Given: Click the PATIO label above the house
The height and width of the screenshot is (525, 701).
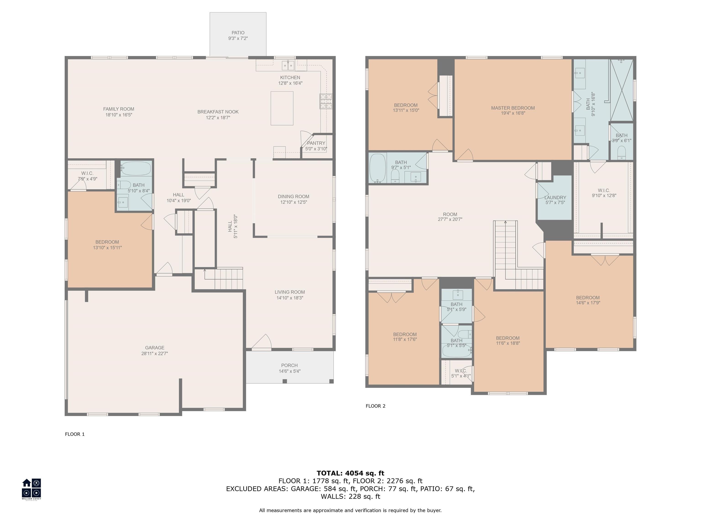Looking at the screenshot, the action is [238, 33].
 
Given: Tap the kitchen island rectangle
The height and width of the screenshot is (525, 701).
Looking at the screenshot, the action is [282, 108].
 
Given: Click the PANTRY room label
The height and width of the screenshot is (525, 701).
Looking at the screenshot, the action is [316, 143].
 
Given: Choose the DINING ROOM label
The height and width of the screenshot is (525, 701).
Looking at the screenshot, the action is [293, 196].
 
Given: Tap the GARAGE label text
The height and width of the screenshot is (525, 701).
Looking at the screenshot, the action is [155, 348].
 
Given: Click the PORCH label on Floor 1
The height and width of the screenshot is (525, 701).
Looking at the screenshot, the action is [289, 365].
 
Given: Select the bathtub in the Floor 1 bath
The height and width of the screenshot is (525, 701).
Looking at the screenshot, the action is [136, 168].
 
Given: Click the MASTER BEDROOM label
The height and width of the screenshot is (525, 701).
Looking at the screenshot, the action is [513, 108].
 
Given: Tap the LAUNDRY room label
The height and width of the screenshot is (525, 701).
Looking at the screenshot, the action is [555, 198].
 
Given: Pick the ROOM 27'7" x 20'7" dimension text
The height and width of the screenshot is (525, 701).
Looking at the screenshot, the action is [450, 219].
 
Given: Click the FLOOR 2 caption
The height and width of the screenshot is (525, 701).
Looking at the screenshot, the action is [376, 406].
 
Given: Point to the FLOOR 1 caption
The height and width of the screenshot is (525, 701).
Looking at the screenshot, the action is [75, 434].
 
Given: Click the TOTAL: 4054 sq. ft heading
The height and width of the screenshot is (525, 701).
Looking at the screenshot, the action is [350, 473].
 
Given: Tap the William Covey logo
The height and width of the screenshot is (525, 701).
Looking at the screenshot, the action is [31, 489].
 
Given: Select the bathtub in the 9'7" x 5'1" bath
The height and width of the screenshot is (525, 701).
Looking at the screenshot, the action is [377, 168].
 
